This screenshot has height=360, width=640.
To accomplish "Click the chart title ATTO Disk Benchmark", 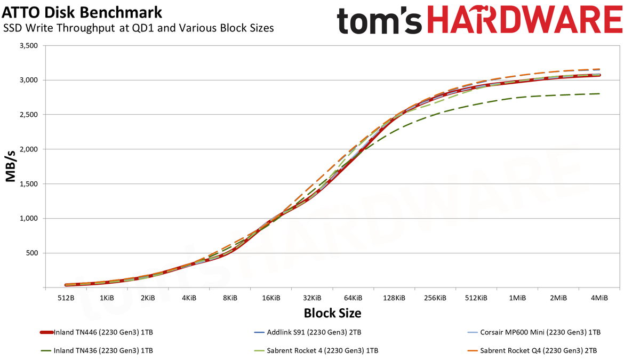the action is point(82,13).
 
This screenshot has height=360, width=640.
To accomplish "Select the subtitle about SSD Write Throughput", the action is point(138,28).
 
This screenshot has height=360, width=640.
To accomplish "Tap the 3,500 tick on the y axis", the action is point(29,46).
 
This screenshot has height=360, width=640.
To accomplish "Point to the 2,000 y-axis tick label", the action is point(29,149).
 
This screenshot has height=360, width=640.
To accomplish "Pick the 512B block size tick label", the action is point(66,298).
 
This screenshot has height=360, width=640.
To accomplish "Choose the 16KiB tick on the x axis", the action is point(271,298).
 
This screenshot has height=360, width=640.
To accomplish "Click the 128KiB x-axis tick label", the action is point(394,298).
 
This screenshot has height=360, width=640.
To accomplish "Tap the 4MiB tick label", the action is point(599,298).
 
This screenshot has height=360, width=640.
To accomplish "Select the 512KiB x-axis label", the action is point(476,298).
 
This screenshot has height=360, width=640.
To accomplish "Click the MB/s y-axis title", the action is point(11,166).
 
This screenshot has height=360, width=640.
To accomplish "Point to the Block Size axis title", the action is point(333,313).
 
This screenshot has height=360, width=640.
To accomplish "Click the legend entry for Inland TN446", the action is point(97,332).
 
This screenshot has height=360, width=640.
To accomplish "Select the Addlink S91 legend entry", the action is point(307,332).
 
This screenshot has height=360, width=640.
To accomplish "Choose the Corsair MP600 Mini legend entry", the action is point(534,332).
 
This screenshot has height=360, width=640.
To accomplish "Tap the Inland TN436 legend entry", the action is point(97,350).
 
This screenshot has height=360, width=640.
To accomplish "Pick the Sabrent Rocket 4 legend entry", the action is point(316,350).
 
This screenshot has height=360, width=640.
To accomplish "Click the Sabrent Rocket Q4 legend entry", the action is point(532,350).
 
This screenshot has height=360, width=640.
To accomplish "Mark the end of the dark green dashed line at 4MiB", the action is point(599,94).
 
